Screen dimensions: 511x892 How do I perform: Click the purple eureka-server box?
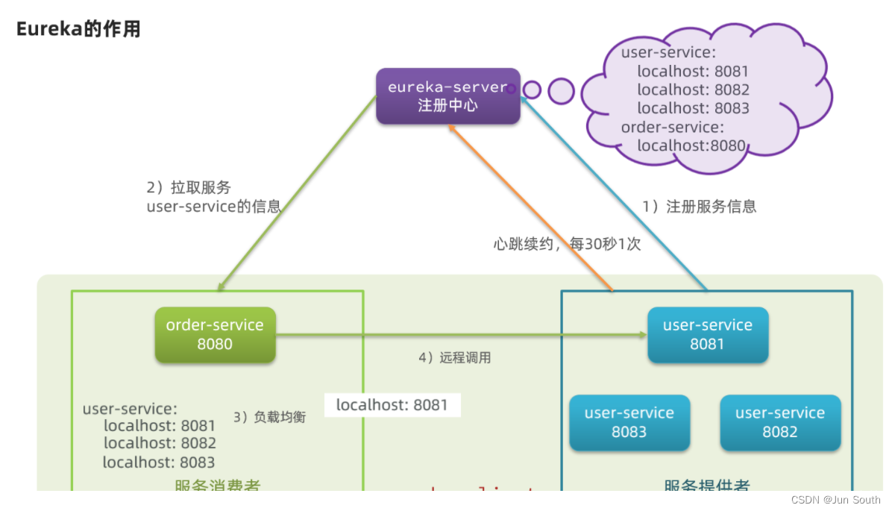tap(447, 96)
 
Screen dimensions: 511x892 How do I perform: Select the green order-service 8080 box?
tap(215, 335)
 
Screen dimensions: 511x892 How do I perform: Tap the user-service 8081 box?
tap(707, 335)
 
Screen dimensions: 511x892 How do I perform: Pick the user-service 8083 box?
tap(629, 422)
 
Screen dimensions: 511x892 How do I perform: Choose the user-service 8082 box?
tap(779, 422)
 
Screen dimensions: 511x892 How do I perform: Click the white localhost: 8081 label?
tap(392, 405)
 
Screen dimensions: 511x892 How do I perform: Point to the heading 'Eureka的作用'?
tap(78, 30)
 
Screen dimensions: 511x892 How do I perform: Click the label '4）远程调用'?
tap(454, 357)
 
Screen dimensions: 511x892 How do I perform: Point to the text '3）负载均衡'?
tap(269, 417)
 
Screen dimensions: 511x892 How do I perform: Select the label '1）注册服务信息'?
tap(700, 207)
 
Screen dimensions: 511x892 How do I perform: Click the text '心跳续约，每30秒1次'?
tap(567, 244)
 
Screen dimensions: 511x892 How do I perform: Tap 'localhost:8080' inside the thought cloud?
tap(691, 145)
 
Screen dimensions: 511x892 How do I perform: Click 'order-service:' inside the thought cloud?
tap(672, 127)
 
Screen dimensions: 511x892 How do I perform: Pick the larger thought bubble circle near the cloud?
tap(561, 91)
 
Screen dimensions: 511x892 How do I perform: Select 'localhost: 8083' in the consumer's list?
tap(159, 463)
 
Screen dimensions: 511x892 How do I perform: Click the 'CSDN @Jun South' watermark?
tap(835, 500)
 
